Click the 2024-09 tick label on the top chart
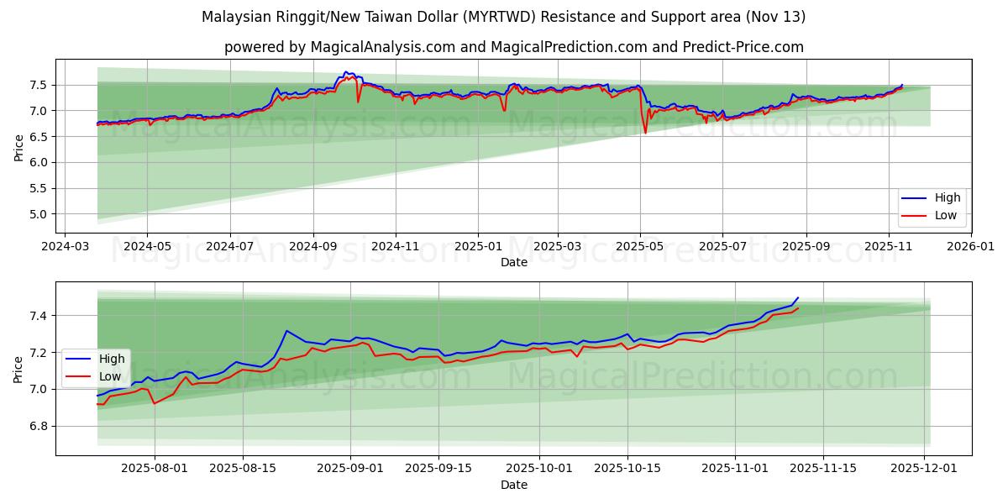click(312, 246)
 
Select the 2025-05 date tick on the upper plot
click(640, 246)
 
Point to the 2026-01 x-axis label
click(970, 246)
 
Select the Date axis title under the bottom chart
click(513, 485)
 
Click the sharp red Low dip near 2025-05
click(645, 133)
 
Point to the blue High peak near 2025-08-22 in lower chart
click(286, 330)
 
